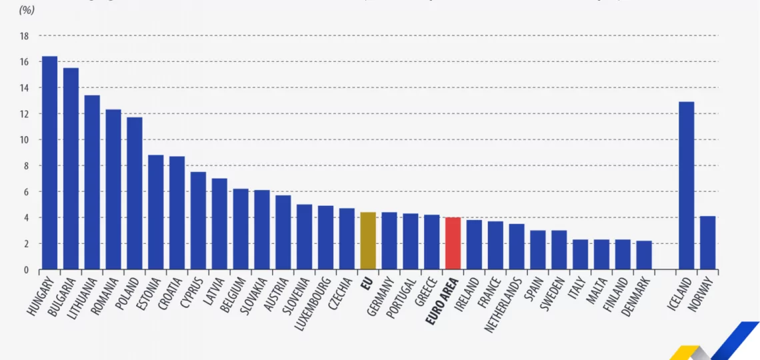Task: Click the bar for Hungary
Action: pos(49,163)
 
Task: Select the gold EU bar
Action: pos(368,241)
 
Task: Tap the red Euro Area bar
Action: pos(453,243)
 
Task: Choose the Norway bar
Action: pos(707,243)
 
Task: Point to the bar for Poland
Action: pos(134,193)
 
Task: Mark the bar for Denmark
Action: pos(644,255)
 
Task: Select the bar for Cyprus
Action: pos(198,221)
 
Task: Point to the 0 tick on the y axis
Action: pos(26,270)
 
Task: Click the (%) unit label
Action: pos(27,10)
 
